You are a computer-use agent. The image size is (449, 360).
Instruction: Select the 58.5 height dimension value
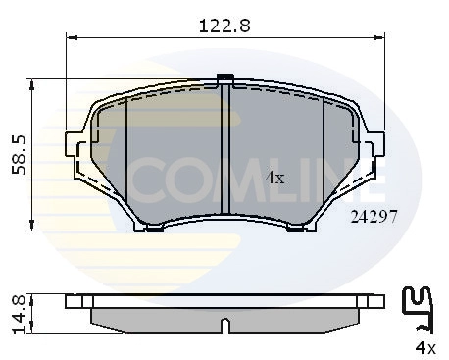(17, 154)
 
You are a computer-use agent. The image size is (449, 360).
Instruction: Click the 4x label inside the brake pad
(275, 178)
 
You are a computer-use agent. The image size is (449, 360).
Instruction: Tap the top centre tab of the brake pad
(225, 77)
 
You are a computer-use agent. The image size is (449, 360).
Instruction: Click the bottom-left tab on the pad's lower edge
(153, 229)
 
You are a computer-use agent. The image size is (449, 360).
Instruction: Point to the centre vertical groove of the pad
(226, 152)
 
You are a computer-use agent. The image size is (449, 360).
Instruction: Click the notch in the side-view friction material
(225, 323)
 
